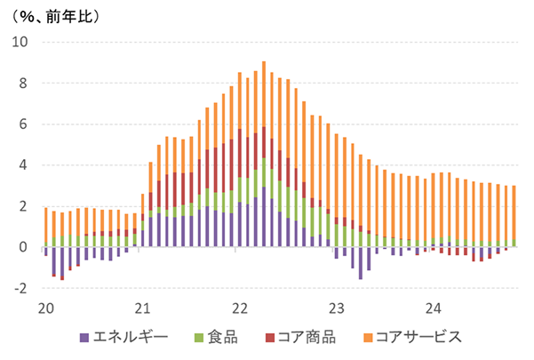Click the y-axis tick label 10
point(20,42)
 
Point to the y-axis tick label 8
point(24,83)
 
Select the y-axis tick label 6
point(24,124)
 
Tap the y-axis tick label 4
point(24,165)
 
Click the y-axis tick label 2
point(24,206)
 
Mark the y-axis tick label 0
point(24,247)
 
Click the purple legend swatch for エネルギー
point(84,337)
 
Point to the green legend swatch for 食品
point(198,337)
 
